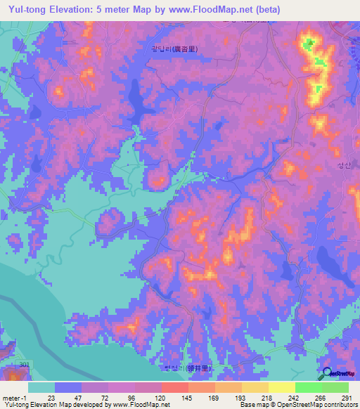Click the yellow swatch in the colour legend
click(282, 387)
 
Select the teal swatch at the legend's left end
click(41, 387)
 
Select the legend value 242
click(295, 398)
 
